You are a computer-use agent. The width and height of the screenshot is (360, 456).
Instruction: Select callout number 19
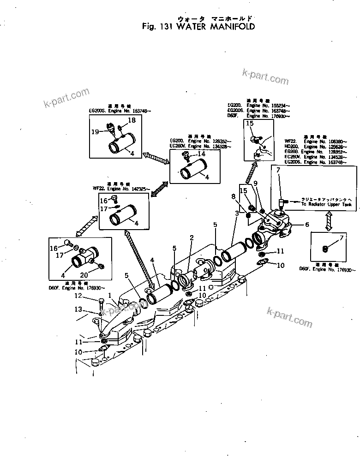(x=95, y=131)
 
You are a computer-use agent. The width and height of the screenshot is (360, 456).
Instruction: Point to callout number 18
(x=132, y=120)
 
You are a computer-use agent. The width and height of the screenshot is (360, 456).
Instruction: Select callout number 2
(x=191, y=238)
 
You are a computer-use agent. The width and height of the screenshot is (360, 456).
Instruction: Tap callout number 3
(x=236, y=213)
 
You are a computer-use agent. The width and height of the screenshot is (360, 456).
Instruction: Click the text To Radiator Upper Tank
(x=322, y=204)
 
